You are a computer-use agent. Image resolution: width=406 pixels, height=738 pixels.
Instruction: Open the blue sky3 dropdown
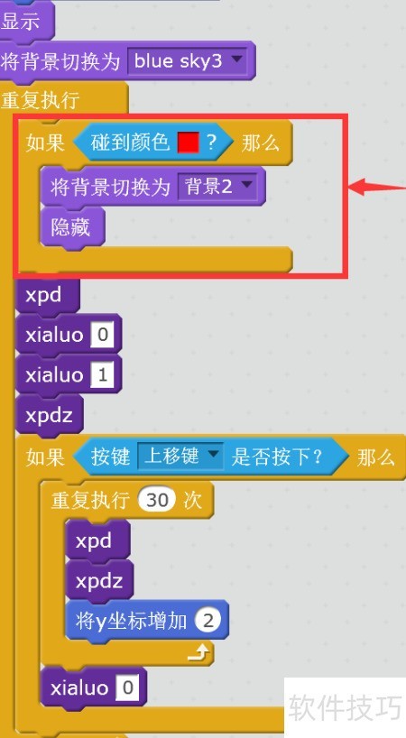tap(188, 60)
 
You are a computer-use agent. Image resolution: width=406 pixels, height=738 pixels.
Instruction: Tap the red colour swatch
tap(189, 142)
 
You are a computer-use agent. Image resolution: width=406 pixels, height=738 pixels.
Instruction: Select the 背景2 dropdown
tap(217, 187)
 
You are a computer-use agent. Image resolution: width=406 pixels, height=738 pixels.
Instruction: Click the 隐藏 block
tap(72, 227)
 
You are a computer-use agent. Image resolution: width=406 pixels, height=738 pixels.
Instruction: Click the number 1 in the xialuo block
tap(103, 374)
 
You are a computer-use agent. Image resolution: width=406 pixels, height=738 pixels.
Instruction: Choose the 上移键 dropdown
tap(180, 457)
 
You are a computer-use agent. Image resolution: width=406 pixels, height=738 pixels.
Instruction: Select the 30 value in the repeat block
tap(157, 500)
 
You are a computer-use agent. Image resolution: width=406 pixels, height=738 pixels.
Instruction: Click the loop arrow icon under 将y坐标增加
tap(198, 652)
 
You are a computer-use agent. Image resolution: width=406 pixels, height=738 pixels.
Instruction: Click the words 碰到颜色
tap(130, 142)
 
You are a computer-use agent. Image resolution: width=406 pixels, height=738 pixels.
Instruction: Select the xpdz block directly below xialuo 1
tap(50, 415)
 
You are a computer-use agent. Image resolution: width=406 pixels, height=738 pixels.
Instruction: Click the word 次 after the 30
tap(192, 501)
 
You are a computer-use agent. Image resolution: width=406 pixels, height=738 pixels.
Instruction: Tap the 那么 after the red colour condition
tap(260, 143)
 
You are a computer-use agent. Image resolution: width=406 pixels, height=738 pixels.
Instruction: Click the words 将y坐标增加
tap(131, 622)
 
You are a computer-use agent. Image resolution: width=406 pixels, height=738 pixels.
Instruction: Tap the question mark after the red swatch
tap(212, 143)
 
